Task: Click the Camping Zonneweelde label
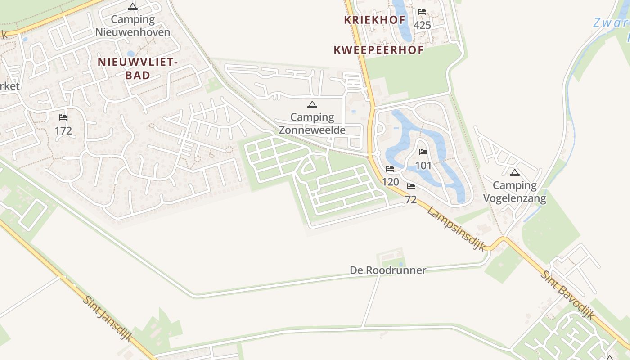pyautogui.click(x=312, y=124)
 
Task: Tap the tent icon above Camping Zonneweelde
pyautogui.click(x=312, y=105)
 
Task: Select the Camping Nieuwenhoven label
pyautogui.click(x=133, y=26)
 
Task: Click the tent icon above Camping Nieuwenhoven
pyautogui.click(x=132, y=6)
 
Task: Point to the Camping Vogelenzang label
pyautogui.click(x=515, y=192)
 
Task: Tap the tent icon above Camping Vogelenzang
pyautogui.click(x=514, y=172)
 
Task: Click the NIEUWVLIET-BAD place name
pyautogui.click(x=137, y=69)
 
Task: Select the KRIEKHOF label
pyautogui.click(x=375, y=20)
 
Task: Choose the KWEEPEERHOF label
pyautogui.click(x=378, y=50)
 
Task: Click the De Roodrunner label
pyautogui.click(x=388, y=270)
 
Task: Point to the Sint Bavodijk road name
pyautogui.click(x=567, y=295)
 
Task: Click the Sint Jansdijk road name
pyautogui.click(x=108, y=319)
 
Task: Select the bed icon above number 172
pyautogui.click(x=63, y=117)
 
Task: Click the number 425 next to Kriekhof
pyautogui.click(x=422, y=25)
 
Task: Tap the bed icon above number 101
pyautogui.click(x=423, y=152)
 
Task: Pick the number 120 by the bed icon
pyautogui.click(x=391, y=182)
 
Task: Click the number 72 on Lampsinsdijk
pyautogui.click(x=411, y=200)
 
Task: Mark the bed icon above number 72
pyautogui.click(x=411, y=186)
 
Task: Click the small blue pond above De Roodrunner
pyautogui.click(x=400, y=264)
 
